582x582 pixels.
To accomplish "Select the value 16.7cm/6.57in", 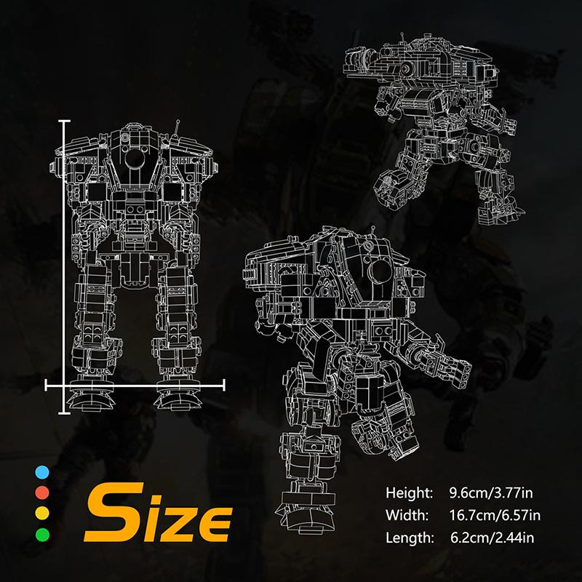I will (493, 516).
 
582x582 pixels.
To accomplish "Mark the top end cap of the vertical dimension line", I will (65, 121).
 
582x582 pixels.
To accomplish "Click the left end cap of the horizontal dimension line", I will (47, 382).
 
